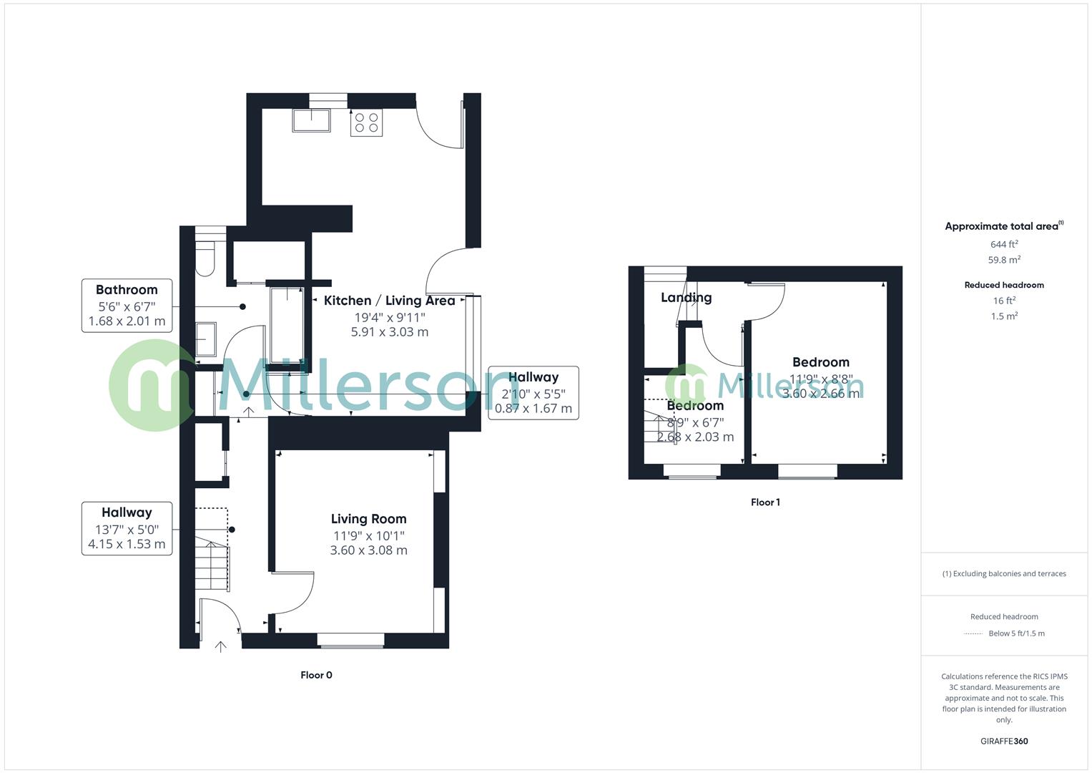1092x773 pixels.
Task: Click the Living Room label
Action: pos(368,519)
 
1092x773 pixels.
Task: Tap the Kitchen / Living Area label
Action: pos(389,301)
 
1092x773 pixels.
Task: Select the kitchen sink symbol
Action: pos(311,120)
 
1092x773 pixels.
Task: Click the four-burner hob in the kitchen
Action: pos(366,122)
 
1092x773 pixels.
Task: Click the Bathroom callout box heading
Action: pos(127,290)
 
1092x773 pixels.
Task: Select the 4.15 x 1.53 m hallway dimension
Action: pos(127,544)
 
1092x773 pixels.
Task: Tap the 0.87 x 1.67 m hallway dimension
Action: pos(533,409)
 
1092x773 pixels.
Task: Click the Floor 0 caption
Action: pos(316,675)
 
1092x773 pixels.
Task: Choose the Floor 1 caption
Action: pos(765,502)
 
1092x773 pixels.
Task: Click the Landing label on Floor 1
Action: pos(686,298)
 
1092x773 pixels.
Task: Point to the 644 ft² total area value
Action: pos(1004,244)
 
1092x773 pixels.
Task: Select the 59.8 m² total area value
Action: pos(1004,260)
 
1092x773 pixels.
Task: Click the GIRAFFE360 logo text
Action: pos(1004,742)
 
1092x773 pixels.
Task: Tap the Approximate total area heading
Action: pos(1003,226)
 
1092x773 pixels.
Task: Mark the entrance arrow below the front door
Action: pos(221,647)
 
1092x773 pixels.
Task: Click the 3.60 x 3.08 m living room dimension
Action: pos(368,550)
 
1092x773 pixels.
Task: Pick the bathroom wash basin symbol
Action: pos(206,339)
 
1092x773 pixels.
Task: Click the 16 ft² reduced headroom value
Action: pos(1004,301)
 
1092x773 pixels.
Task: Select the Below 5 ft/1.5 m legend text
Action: pos(1016,633)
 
